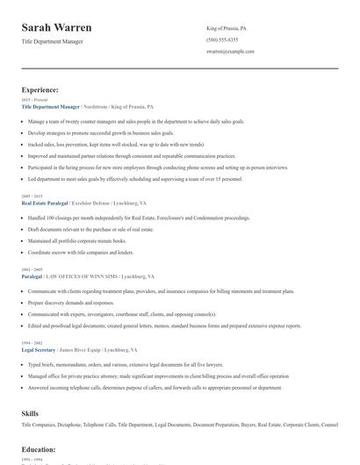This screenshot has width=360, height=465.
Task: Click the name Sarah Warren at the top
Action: point(57,28)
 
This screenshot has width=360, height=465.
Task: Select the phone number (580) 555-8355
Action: point(222,40)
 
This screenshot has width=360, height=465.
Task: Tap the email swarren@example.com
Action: point(230,52)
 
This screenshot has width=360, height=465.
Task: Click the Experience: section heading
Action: point(40,89)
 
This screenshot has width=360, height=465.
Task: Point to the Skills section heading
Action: point(31,411)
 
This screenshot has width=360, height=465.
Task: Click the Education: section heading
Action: point(39,449)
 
